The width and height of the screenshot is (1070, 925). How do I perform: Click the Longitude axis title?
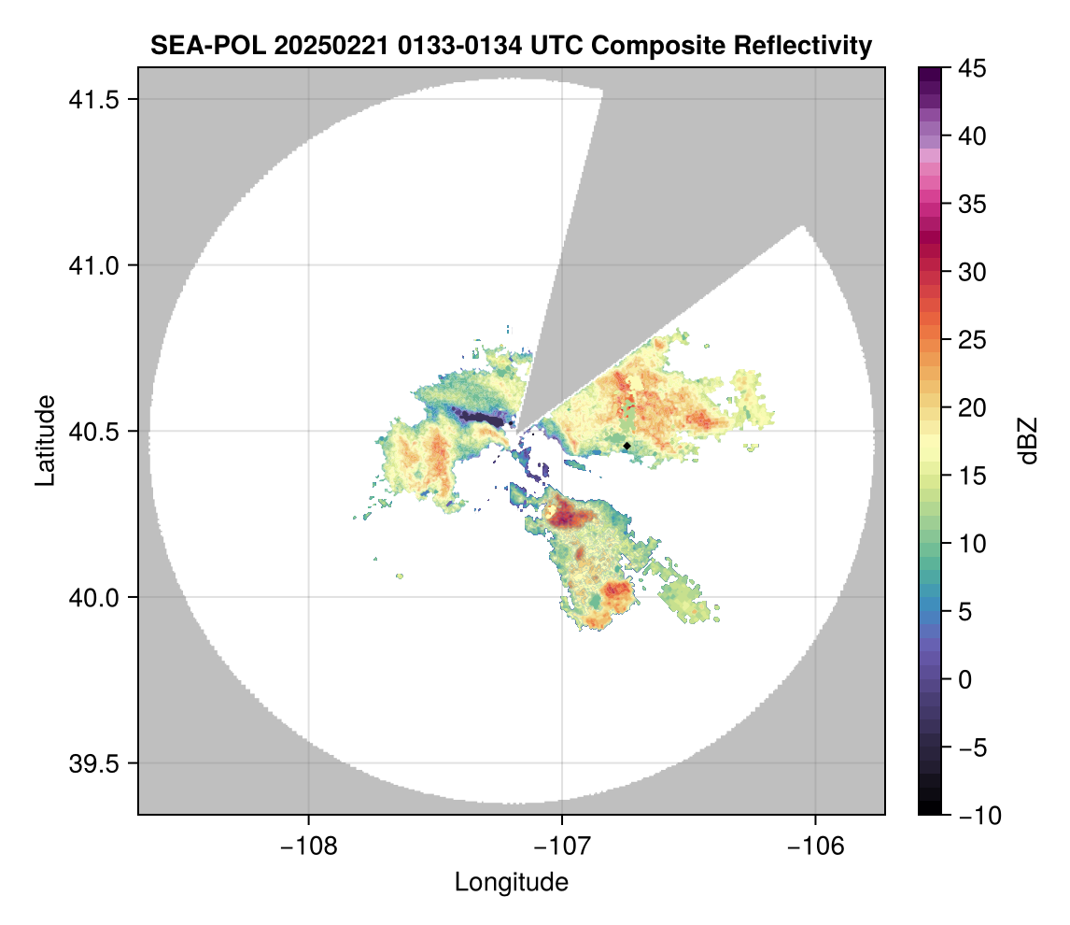[x=511, y=882]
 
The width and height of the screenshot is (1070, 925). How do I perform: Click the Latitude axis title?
[x=44, y=440]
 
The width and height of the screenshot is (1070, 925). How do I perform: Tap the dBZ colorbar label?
[x=1028, y=440]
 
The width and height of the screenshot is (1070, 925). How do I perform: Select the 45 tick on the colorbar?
[x=975, y=68]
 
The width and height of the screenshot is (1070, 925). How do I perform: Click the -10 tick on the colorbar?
[x=978, y=816]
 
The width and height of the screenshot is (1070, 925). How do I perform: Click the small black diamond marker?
[x=627, y=446]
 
